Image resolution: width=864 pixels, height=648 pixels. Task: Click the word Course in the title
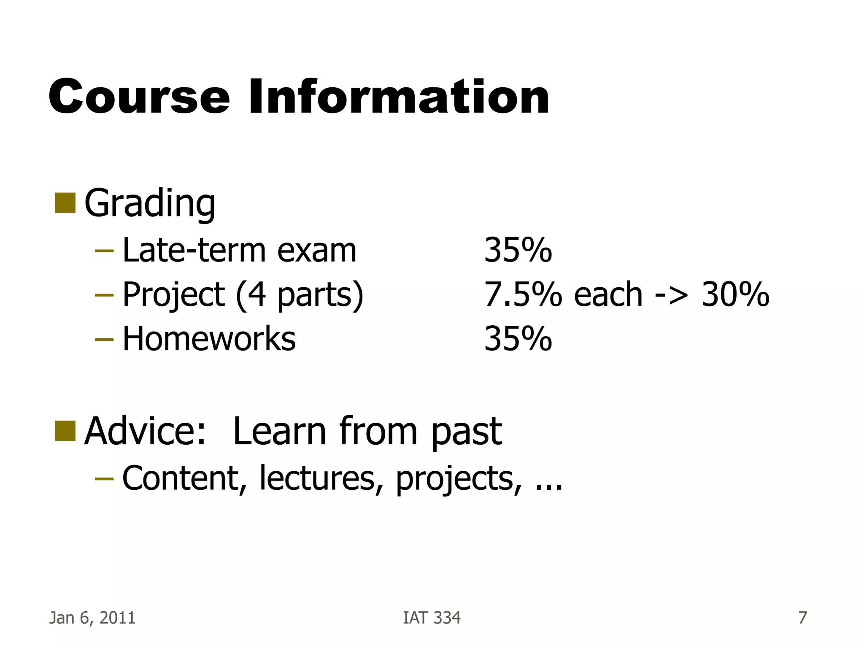tap(139, 97)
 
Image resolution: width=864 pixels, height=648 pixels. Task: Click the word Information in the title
tap(399, 97)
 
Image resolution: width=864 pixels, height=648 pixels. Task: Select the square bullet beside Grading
tap(65, 203)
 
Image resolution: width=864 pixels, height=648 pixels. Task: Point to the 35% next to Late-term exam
tap(518, 250)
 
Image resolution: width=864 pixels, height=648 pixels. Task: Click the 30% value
tap(735, 294)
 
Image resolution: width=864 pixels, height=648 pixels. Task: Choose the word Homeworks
tap(209, 339)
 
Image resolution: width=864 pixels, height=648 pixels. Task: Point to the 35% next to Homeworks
tap(518, 339)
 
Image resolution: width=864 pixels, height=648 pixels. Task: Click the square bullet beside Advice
tap(65, 431)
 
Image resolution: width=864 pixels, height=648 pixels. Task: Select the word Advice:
tap(145, 431)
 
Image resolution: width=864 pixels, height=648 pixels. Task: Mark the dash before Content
tap(104, 478)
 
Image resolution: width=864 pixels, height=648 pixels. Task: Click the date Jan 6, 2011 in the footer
tap(92, 618)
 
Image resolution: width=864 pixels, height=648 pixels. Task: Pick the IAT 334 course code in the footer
tap(432, 618)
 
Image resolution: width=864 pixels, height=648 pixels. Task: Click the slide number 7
tap(802, 618)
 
